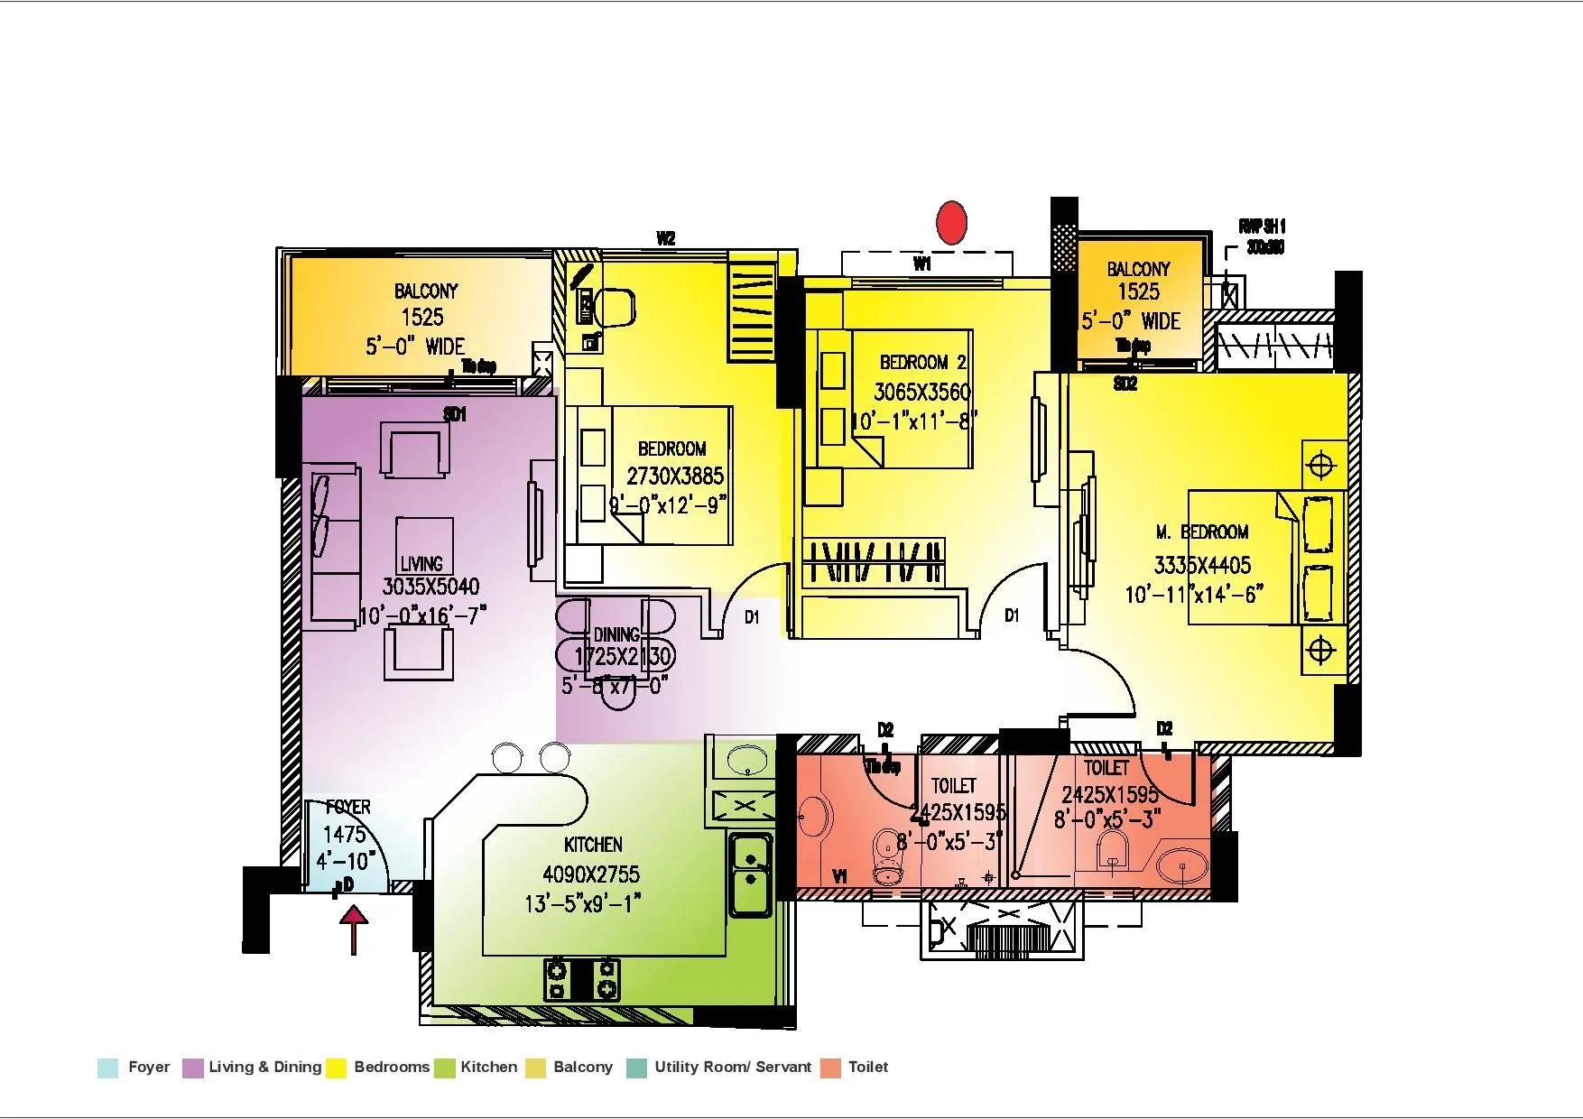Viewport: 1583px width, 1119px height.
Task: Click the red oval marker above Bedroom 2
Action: pyautogui.click(x=951, y=222)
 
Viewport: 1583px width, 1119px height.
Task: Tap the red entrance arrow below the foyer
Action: pyautogui.click(x=355, y=929)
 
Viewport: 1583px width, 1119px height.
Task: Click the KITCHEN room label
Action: pyautogui.click(x=593, y=845)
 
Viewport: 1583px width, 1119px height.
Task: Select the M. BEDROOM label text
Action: pyautogui.click(x=1202, y=532)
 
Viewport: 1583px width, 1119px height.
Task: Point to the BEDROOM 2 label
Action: pyautogui.click(x=922, y=363)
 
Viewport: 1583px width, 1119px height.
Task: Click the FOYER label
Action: pyautogui.click(x=347, y=807)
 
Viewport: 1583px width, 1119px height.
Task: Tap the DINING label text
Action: pyautogui.click(x=616, y=634)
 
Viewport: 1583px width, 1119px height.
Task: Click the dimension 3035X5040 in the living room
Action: pyautogui.click(x=430, y=587)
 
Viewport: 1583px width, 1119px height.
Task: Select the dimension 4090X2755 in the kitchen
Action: pyautogui.click(x=590, y=874)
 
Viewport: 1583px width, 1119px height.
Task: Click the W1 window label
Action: pyautogui.click(x=921, y=264)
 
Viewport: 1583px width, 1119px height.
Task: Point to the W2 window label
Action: pyautogui.click(x=665, y=239)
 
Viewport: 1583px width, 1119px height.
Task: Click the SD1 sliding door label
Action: pyautogui.click(x=455, y=415)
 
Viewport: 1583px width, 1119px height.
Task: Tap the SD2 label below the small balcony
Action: pyautogui.click(x=1125, y=384)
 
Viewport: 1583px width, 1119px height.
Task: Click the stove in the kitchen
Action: pyautogui.click(x=582, y=979)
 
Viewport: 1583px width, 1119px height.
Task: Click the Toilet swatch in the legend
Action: pyautogui.click(x=831, y=1068)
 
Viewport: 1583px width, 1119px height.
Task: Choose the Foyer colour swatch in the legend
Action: pyautogui.click(x=108, y=1068)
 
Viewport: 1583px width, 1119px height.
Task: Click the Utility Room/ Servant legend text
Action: pyautogui.click(x=733, y=1067)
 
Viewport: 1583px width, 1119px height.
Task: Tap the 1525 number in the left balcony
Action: pyautogui.click(x=422, y=317)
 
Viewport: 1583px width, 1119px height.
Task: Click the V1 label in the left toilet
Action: pyautogui.click(x=839, y=876)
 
